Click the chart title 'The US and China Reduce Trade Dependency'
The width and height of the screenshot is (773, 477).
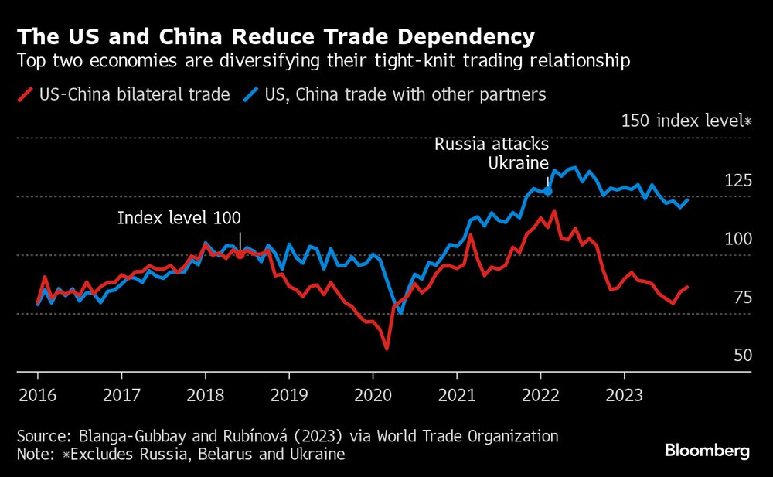[x=276, y=36]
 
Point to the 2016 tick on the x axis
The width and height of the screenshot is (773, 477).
[x=38, y=394]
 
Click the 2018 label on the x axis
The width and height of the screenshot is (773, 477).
[x=205, y=394]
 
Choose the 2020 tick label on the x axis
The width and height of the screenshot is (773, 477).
[x=372, y=394]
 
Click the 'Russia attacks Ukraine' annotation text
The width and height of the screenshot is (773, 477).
[x=492, y=153]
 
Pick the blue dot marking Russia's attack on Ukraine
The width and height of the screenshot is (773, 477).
[x=548, y=190]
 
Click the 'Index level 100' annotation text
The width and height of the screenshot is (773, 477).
[x=179, y=218]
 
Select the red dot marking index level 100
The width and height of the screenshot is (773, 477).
[x=240, y=254]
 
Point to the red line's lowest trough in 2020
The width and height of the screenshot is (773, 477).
[x=386, y=349]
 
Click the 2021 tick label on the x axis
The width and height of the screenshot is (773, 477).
[x=456, y=394]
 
